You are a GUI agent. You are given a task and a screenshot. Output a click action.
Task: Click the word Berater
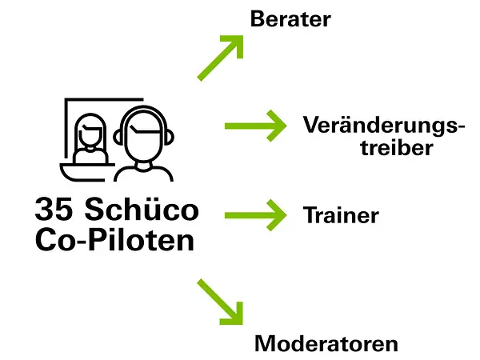(290, 19)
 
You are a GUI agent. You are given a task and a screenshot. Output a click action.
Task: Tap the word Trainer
(341, 215)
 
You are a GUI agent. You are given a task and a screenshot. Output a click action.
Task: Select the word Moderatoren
(326, 345)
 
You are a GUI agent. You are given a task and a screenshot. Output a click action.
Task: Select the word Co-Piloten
(115, 240)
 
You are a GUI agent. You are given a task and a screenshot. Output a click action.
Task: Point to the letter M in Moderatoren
(266, 345)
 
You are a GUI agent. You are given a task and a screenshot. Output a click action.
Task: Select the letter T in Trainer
(309, 215)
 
